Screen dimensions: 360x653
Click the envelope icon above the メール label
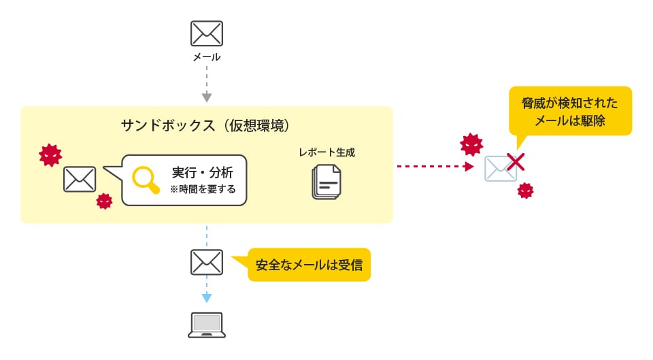click(x=207, y=33)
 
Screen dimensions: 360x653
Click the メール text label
click(x=207, y=57)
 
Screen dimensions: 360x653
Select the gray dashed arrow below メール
click(x=207, y=84)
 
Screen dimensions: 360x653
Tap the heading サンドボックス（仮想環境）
click(x=206, y=125)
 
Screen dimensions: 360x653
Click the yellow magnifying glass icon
click(x=145, y=179)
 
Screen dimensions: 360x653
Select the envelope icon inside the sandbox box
click(x=80, y=179)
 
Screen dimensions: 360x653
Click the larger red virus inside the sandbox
click(x=49, y=155)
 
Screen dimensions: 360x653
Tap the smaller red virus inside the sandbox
click(x=104, y=201)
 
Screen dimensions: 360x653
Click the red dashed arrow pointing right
click(x=435, y=166)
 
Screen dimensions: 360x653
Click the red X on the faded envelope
click(x=516, y=162)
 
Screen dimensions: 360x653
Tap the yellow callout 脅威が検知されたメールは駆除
click(x=570, y=111)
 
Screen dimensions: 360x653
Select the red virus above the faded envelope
click(x=471, y=144)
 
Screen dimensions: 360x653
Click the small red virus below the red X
click(x=525, y=191)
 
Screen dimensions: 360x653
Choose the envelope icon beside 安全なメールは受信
click(x=207, y=261)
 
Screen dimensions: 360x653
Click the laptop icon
click(x=207, y=325)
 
